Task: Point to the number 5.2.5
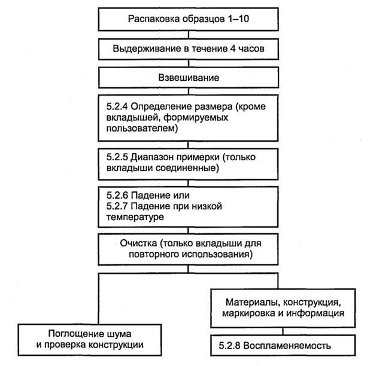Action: click(x=117, y=157)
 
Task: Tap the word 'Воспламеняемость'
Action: click(x=290, y=345)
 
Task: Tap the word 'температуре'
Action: click(x=132, y=218)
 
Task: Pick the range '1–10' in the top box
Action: click(x=236, y=20)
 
